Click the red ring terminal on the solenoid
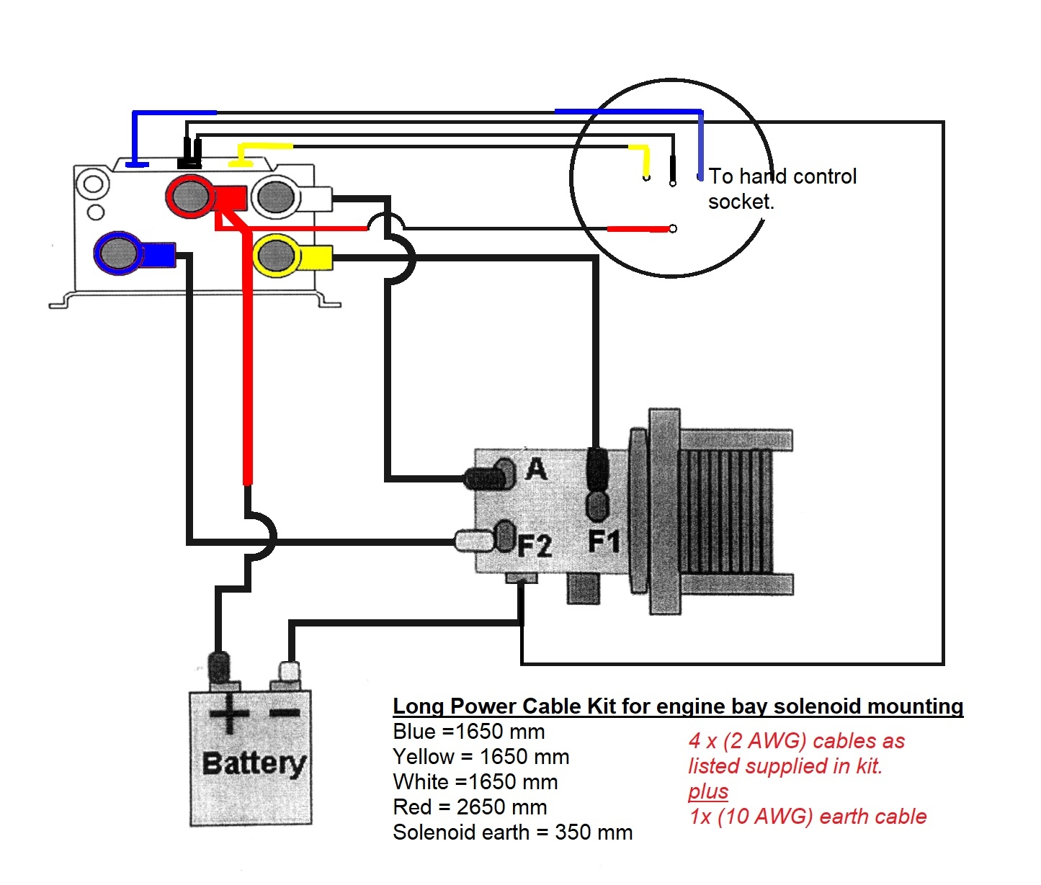pos(190,196)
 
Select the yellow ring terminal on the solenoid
pos(276,255)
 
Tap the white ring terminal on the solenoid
pos(276,196)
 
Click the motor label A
pos(536,470)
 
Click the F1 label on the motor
pos(604,541)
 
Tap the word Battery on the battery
pos(254,763)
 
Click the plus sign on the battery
pos(229,714)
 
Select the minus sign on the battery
pos(285,713)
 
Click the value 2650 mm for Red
pos(501,807)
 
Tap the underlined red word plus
pos(707,791)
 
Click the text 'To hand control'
pos(782,176)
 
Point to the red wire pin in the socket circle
pos(672,229)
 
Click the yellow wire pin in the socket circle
pos(646,176)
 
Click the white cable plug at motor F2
pos(472,540)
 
